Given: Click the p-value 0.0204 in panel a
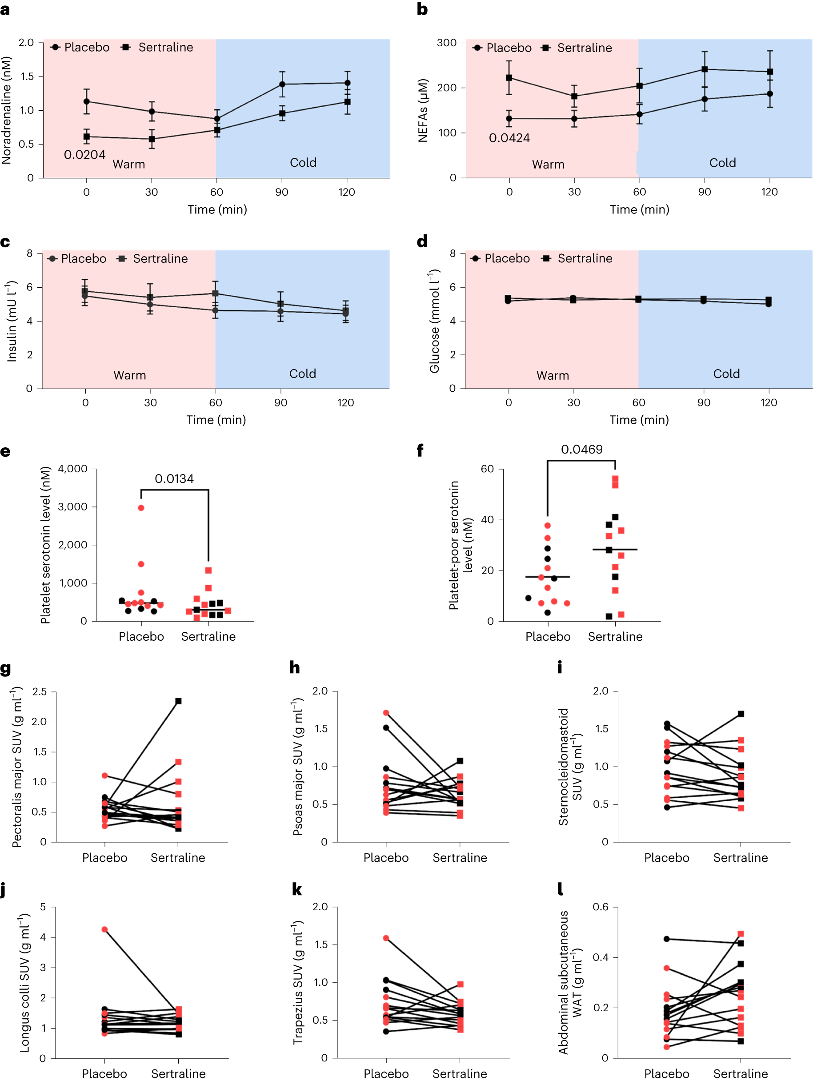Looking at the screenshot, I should pos(84,155).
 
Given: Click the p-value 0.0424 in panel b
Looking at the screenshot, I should pos(509,138).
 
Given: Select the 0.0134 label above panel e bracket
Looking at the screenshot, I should pos(174,479).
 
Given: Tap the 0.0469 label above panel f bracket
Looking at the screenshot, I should pos(581,450).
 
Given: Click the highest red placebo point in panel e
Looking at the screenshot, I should pos(141,508).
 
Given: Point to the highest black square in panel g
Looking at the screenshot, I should pos(178,701).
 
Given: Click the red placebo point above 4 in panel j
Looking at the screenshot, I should pos(104,929).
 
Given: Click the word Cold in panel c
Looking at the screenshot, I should pos(302,374).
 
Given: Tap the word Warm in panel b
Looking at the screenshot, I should pos(548,165).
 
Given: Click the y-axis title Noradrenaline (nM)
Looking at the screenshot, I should pos(7,110).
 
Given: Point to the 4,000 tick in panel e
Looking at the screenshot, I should pos(72,469).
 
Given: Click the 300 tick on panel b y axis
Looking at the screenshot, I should pos(447,43).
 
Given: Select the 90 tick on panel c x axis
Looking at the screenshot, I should pos(280,403).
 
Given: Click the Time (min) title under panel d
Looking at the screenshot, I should pos(639,420).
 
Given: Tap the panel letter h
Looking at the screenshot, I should pos(295,667).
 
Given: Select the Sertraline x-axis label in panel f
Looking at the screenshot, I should pos(615,636).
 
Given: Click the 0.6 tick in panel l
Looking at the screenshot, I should pos(601,907).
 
